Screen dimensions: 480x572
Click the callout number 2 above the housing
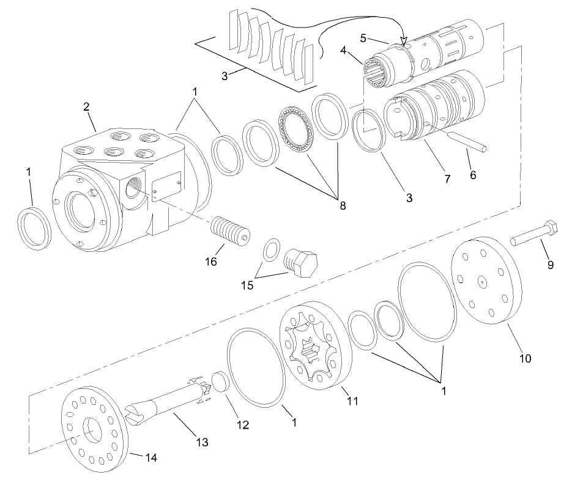pyautogui.click(x=86, y=106)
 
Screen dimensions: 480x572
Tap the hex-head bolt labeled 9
pyautogui.click(x=533, y=234)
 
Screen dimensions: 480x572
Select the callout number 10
pyautogui.click(x=525, y=358)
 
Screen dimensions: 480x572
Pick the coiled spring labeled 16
pyautogui.click(x=229, y=232)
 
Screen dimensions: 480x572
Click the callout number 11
pyautogui.click(x=351, y=401)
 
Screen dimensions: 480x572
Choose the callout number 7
pyautogui.click(x=447, y=179)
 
